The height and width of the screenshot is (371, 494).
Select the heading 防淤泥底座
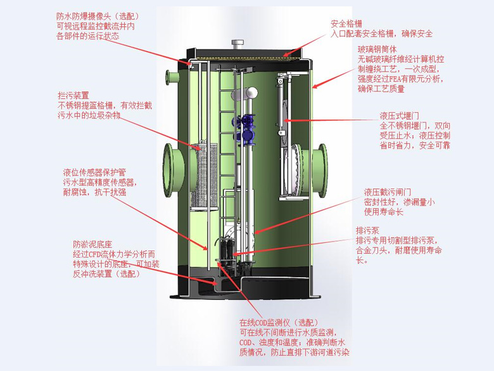92,244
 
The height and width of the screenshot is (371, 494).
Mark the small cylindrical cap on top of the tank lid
237,44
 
